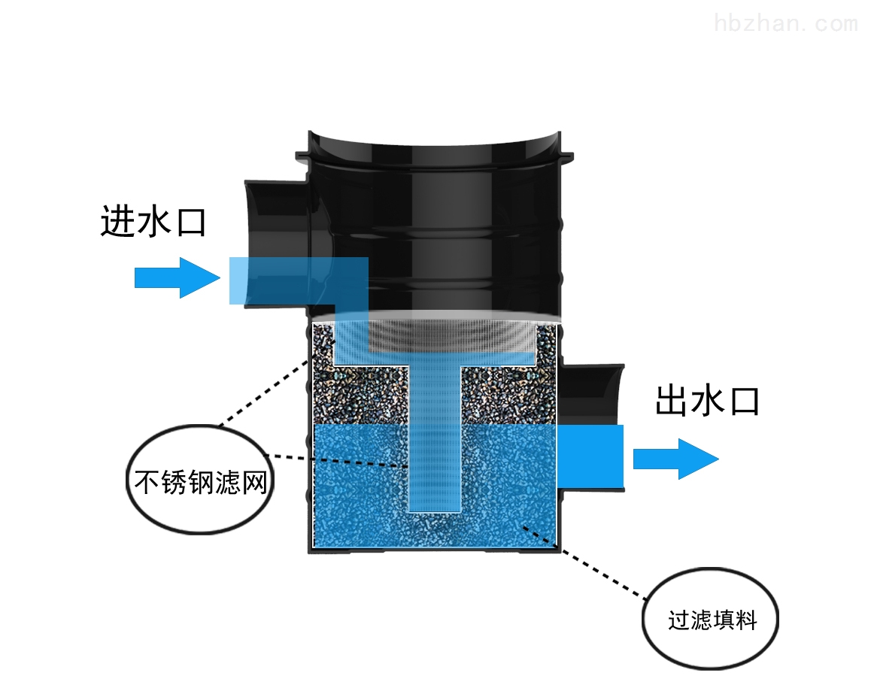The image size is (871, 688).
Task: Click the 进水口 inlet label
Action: point(153,222)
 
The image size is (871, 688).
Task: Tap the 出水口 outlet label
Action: point(707,400)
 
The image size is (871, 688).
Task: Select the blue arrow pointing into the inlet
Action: point(178,277)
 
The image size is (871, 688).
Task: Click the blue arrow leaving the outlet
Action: point(676,459)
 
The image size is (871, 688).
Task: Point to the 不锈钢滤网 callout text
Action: point(201,481)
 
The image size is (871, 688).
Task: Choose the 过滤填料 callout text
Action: point(712,620)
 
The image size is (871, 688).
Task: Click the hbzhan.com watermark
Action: point(785,23)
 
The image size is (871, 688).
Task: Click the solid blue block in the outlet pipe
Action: point(590,456)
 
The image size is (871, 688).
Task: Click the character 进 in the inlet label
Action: point(118,222)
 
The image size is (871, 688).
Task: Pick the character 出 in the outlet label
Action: point(672,400)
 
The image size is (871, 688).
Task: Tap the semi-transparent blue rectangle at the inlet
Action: point(299,280)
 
